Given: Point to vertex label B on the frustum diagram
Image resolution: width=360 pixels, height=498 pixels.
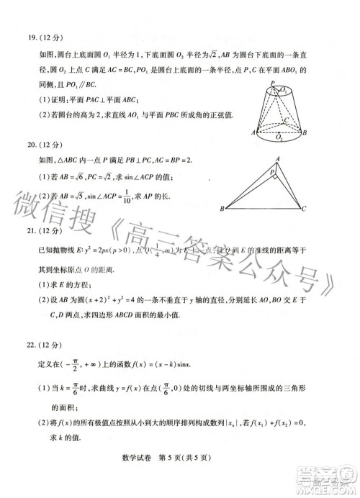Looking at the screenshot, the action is (x=305, y=134).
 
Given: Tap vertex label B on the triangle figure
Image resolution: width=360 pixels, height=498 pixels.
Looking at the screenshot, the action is (x=222, y=209).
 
